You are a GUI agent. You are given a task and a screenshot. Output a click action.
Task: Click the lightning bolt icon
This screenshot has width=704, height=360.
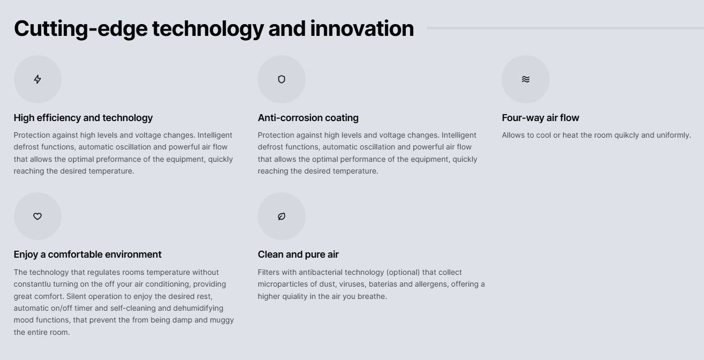click(x=37, y=79)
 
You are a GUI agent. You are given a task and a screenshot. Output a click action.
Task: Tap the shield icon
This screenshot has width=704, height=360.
click(x=282, y=79)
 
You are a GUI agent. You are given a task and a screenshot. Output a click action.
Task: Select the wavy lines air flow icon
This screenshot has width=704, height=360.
click(x=526, y=79)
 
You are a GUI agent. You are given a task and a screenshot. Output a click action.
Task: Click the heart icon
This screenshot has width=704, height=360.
click(x=37, y=216)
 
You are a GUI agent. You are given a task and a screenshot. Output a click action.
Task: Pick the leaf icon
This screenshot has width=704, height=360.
click(x=282, y=216)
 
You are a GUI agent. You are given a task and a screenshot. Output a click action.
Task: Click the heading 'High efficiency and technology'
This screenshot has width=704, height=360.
click(x=83, y=118)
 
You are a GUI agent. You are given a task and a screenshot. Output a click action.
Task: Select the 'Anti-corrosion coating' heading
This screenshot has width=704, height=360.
click(x=308, y=118)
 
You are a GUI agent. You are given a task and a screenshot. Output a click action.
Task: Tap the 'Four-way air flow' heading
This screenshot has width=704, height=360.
click(x=540, y=118)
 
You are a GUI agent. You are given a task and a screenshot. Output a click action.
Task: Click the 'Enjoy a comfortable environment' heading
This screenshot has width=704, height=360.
click(x=87, y=254)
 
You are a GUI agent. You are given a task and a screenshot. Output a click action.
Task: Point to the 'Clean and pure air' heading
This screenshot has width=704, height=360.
click(x=298, y=254)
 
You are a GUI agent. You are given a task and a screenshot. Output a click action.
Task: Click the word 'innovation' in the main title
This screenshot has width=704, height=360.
click(x=362, y=28)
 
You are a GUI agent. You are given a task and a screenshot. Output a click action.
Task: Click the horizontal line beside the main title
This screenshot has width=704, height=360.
click(x=565, y=28)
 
